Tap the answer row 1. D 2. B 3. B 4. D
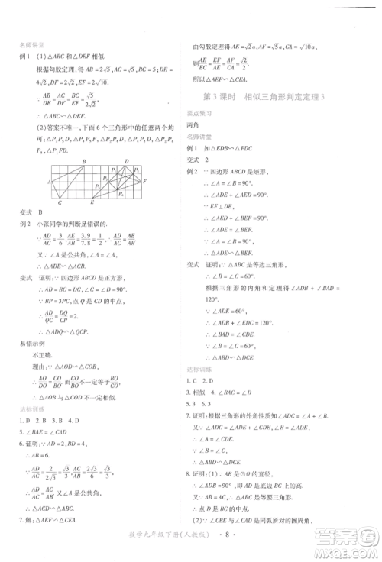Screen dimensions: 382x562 coord(56,430)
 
